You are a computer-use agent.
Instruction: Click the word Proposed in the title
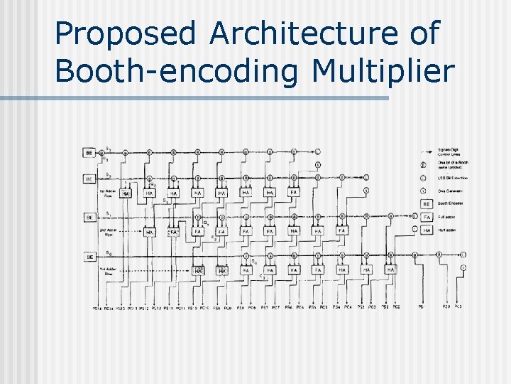pos(124,35)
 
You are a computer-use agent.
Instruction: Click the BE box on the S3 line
pos(89,152)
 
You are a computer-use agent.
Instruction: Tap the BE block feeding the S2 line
pos(89,178)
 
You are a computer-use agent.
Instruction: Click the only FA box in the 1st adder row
pos(293,192)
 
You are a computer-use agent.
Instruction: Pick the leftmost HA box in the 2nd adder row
pos(150,231)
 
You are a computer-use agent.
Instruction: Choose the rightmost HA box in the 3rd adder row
pos(390,270)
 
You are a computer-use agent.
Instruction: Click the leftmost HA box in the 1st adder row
pos(125,193)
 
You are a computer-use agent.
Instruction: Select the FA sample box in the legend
pos(427,217)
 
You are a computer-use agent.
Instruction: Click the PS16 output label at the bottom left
pos(97,308)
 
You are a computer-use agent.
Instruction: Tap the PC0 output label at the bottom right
pos(458,307)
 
